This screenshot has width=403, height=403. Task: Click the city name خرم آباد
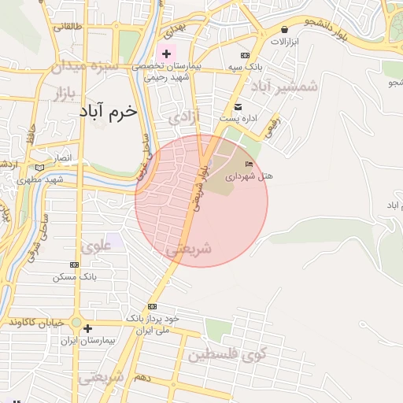(108, 111)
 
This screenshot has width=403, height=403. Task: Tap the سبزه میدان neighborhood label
(85, 67)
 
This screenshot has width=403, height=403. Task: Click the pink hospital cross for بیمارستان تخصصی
(166, 54)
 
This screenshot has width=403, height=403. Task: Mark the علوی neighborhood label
(96, 245)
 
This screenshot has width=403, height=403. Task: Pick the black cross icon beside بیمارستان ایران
(87, 328)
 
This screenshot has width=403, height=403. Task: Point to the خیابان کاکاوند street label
(35, 323)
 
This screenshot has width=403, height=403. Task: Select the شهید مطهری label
(43, 180)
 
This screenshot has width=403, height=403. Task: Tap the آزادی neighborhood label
(185, 118)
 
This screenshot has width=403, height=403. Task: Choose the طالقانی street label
(66, 26)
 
